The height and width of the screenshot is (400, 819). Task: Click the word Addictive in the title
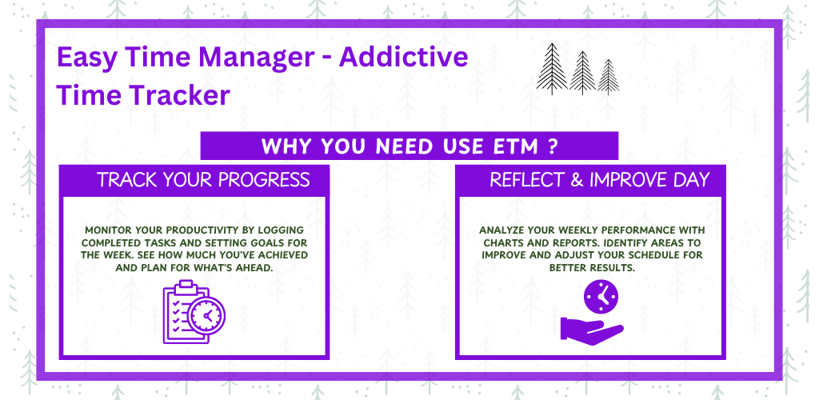point(403,57)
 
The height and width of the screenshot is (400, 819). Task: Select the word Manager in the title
point(256,58)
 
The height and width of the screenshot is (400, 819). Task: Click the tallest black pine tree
point(552,69)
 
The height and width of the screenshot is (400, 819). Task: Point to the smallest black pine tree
point(608,77)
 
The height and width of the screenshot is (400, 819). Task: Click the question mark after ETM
point(553,146)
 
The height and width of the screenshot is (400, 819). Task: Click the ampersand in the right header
point(577,180)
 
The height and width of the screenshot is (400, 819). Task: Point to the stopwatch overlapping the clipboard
point(207,315)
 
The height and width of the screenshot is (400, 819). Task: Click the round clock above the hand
point(601,297)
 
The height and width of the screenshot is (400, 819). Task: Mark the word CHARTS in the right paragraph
point(503,243)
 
